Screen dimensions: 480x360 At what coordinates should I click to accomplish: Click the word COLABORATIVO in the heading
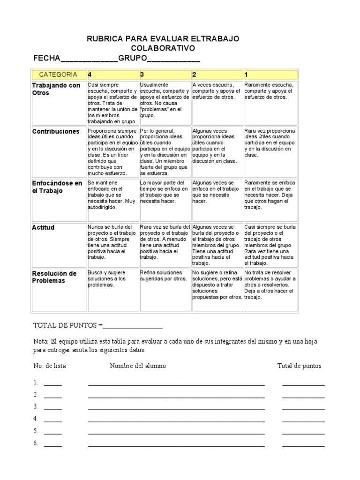(163, 49)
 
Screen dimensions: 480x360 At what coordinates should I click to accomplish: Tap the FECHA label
(47, 59)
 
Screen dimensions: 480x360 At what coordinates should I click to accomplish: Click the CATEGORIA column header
(58, 75)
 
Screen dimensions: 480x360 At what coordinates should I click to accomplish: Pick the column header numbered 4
(90, 75)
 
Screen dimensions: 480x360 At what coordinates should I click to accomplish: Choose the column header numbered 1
(247, 75)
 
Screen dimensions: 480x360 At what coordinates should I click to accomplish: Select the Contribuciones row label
(56, 132)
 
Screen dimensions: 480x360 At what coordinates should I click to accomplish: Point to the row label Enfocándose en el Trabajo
(57, 187)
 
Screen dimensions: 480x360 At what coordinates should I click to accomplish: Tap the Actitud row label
(43, 227)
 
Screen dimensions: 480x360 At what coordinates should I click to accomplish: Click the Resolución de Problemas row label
(54, 277)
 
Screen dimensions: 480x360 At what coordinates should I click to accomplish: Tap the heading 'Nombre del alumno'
(138, 366)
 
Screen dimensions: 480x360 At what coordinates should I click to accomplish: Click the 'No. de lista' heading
(50, 366)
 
